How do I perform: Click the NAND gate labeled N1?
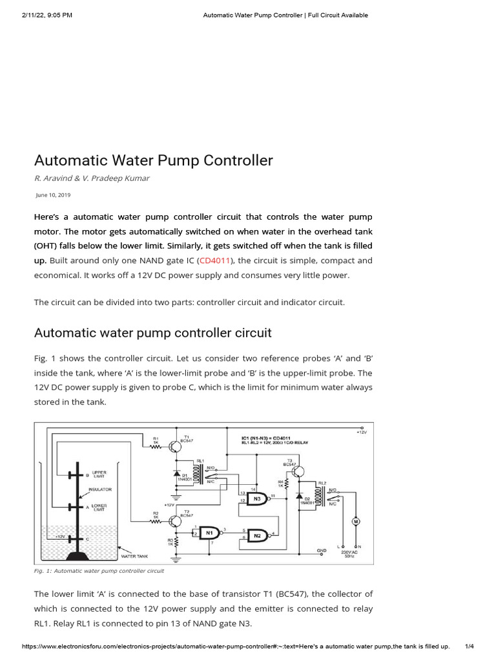[x=209, y=533]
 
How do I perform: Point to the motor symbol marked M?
[x=355, y=521]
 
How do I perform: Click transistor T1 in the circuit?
[x=176, y=446]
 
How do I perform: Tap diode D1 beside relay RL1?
[x=177, y=475]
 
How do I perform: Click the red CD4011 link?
[x=216, y=261]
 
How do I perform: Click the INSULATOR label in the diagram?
[x=100, y=490]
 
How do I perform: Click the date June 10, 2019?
[x=53, y=195]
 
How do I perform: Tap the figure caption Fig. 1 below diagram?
[x=99, y=571]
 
